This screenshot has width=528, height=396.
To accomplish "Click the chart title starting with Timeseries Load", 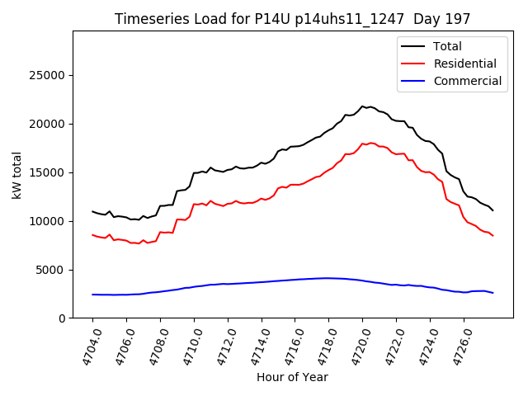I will point(293,19).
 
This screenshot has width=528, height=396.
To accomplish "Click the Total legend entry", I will point(447,46).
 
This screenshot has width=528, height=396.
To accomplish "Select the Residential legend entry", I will point(464,64).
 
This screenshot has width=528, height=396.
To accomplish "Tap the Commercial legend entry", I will point(467,81).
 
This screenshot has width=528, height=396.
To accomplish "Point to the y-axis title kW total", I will point(16,175).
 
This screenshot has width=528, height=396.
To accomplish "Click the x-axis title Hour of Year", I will point(292,377).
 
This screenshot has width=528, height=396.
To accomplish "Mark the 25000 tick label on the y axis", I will point(47,76).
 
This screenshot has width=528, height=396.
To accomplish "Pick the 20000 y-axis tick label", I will point(47,125).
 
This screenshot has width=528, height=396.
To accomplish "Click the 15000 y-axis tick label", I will point(47,173).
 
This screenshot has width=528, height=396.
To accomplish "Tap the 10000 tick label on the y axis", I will point(47,221).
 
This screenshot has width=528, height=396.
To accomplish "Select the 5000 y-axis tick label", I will point(50,270).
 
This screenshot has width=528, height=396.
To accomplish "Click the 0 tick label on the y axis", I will point(61,318).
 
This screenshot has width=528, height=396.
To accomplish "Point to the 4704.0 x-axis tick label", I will point(87,346).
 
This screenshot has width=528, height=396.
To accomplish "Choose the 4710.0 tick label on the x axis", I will point(188,346).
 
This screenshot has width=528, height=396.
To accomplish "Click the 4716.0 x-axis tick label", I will point(289,346).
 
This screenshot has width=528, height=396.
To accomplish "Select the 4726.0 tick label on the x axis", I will point(458,346).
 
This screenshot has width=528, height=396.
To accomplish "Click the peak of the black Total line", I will point(362,106).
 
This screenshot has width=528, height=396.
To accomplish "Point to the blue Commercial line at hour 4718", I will point(328,278).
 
